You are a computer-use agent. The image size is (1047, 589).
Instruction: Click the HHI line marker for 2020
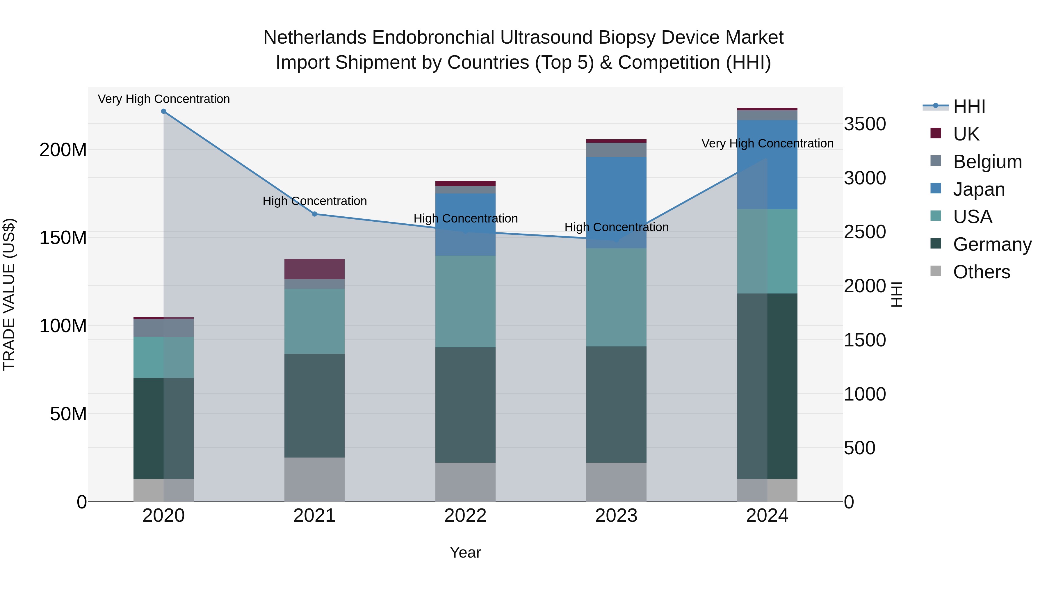pyautogui.click(x=163, y=111)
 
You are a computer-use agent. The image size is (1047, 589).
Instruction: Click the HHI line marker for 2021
pyautogui.click(x=314, y=214)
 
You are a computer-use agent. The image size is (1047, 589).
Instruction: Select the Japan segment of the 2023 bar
pyautogui.click(x=616, y=202)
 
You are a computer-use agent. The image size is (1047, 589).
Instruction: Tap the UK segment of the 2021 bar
pyautogui.click(x=314, y=269)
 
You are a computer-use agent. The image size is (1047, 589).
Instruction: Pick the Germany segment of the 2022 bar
pyautogui.click(x=465, y=405)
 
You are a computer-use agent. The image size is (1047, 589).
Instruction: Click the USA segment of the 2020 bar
pyautogui.click(x=163, y=357)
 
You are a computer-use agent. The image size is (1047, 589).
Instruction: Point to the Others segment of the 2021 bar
pyautogui.click(x=314, y=479)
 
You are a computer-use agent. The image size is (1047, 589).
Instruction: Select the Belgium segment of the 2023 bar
pyautogui.click(x=616, y=150)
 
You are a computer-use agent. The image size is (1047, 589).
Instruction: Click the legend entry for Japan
pyautogui.click(x=978, y=189)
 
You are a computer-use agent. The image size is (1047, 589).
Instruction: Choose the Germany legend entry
pyautogui.click(x=992, y=244)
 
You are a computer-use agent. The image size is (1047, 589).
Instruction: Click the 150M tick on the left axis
pyautogui.click(x=63, y=238)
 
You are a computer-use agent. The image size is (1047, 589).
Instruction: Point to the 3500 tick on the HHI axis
pyautogui.click(x=865, y=124)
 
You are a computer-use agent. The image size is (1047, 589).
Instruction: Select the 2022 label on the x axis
pyautogui.click(x=465, y=516)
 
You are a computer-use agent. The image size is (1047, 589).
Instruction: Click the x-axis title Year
pyautogui.click(x=465, y=552)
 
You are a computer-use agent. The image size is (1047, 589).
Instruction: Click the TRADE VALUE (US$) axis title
pyautogui.click(x=9, y=294)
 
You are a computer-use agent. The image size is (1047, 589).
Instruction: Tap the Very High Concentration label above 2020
pyautogui.click(x=164, y=99)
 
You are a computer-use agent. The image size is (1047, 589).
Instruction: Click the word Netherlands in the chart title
pyautogui.click(x=315, y=38)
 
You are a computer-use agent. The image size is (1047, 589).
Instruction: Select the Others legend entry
pyautogui.click(x=981, y=272)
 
